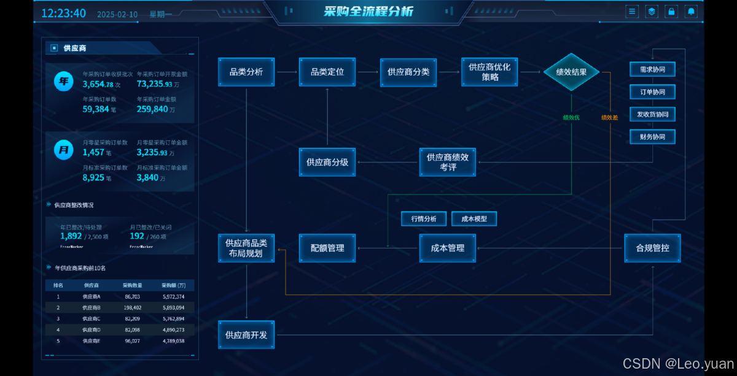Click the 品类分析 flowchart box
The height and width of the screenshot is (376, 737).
coord(246,72)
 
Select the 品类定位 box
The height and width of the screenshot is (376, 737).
coord(327,72)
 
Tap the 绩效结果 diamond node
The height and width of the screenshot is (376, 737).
coord(571,72)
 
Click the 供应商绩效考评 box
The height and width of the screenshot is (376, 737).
coord(448,162)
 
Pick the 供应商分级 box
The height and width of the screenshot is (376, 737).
coord(327,162)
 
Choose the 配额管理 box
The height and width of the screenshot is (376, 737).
coord(327,248)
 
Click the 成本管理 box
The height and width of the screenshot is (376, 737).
coord(448,248)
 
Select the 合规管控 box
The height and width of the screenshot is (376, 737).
coord(652,248)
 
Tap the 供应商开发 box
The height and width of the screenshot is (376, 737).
coord(246,335)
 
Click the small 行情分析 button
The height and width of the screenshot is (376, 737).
coord(423,218)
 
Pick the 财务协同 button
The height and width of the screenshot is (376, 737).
coord(652,137)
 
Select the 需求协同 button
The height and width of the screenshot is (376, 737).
coord(652,69)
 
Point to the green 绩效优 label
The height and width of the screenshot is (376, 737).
coord(571,117)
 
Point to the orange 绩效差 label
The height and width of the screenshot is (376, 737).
coord(609,117)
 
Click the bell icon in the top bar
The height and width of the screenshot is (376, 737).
coord(691,11)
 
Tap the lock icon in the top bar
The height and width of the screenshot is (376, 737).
coord(671,11)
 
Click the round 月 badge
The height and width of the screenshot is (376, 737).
coord(63,150)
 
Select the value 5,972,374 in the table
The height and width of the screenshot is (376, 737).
coord(173,296)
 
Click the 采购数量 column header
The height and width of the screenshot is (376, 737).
coord(133,285)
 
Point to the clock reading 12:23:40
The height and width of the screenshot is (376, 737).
coord(63,13)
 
